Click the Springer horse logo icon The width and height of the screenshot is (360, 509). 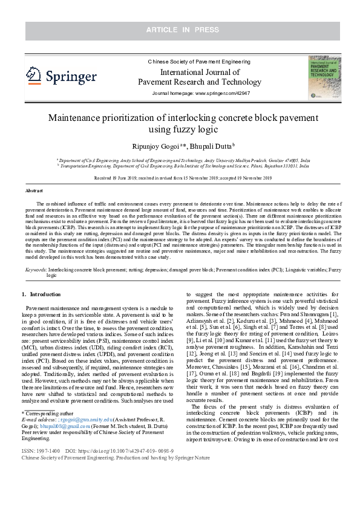point(34,75)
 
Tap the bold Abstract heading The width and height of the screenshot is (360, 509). point(33,190)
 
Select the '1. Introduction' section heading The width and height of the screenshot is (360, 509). point(41,294)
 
